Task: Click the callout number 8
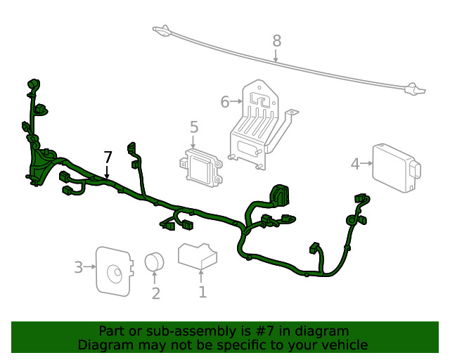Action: point(276,41)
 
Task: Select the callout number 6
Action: point(225,102)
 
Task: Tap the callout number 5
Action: point(194,127)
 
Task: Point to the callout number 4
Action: point(355,164)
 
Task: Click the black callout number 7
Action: point(108,156)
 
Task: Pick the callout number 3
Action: point(78,266)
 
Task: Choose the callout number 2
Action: point(155,293)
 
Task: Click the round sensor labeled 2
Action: point(154,262)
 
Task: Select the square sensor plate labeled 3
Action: point(112,269)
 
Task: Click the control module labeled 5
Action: point(198,166)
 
